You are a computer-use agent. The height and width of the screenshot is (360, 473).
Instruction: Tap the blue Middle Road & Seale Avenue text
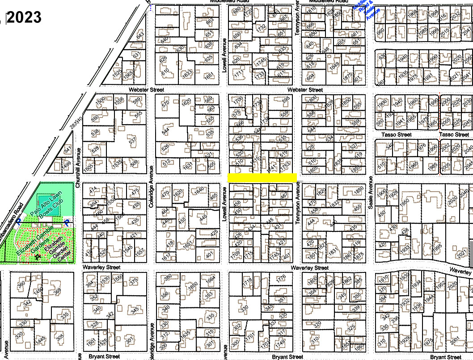pyautogui.click(x=366, y=9)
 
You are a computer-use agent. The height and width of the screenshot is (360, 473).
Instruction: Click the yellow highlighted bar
pyautogui.click(x=262, y=177)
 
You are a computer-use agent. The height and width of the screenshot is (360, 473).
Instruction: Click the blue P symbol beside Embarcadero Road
pyautogui.click(x=18, y=222)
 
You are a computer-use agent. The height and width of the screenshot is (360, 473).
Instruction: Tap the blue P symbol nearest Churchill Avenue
pyautogui.click(x=67, y=222)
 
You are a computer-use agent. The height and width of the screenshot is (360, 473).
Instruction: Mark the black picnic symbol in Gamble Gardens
pyautogui.click(x=38, y=257)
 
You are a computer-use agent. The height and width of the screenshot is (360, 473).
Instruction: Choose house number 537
pyautogui.click(x=132, y=140)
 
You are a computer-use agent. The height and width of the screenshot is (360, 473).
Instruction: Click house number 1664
pyautogui.click(x=210, y=280)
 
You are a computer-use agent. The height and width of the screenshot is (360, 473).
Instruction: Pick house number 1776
pyautogui.click(x=281, y=278)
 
